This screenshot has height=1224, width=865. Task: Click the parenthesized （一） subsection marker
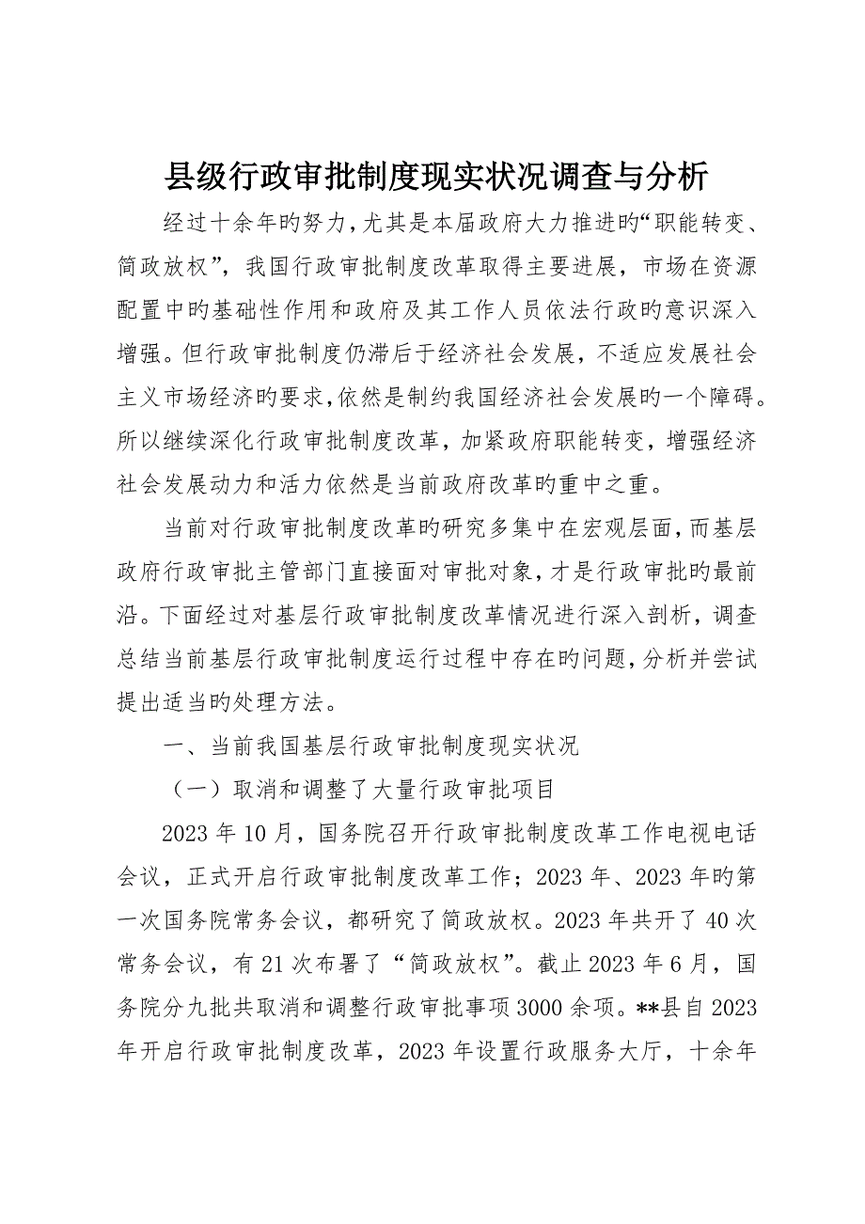pos(187,791)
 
